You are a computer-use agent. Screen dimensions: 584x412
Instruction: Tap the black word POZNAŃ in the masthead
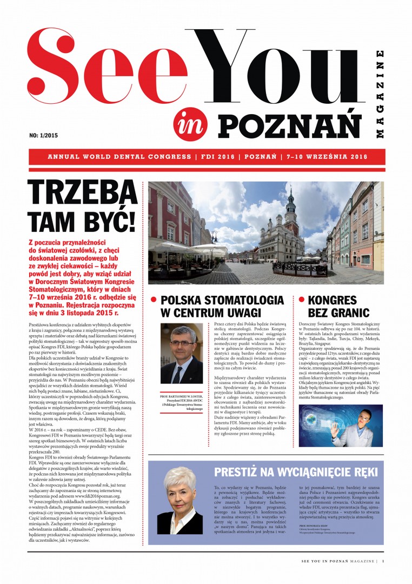tap(290, 123)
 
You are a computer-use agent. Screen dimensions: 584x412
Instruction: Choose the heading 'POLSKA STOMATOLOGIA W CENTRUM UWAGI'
tap(222, 306)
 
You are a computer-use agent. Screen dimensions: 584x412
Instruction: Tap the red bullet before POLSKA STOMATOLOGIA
tap(154, 299)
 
